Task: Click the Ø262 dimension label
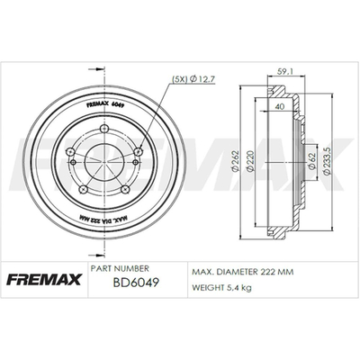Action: [235, 161]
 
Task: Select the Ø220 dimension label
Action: [250, 161]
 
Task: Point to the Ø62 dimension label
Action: [311, 161]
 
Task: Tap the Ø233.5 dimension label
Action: [327, 161]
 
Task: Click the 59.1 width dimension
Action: [286, 72]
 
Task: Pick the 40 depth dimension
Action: [280, 106]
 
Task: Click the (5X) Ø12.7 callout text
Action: [193, 79]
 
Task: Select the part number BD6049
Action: [136, 283]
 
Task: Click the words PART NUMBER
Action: [120, 268]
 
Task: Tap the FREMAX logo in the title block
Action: [44, 280]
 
